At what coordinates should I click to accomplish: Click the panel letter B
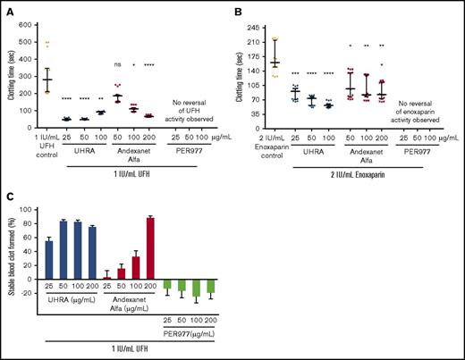[237, 8]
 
